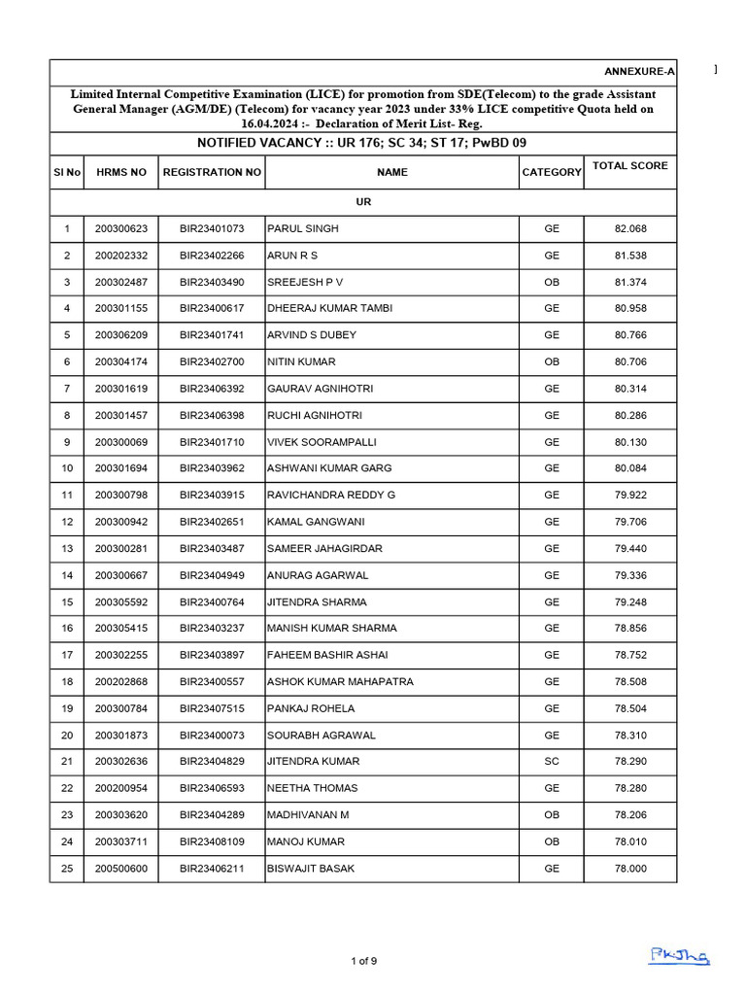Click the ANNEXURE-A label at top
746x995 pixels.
(639, 72)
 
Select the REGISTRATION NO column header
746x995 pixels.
(212, 172)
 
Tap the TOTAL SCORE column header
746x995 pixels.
(629, 166)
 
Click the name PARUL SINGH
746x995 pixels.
(303, 229)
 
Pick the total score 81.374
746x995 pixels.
(629, 282)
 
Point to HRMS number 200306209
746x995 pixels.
(121, 335)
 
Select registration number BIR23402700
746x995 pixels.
(212, 361)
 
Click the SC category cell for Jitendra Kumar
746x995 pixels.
(551, 762)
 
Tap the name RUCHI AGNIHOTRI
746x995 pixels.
(315, 415)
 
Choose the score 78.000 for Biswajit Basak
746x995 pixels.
(629, 869)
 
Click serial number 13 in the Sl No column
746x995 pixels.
(67, 548)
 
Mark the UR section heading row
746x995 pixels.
(363, 202)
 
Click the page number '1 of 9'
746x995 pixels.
(363, 961)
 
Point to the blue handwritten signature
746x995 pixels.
(679, 956)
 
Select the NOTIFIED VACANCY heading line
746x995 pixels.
(362, 143)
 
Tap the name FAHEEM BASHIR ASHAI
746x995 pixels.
(328, 655)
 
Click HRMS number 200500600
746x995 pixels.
(121, 869)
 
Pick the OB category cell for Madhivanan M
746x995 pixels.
(551, 815)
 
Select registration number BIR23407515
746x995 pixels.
(212, 708)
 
